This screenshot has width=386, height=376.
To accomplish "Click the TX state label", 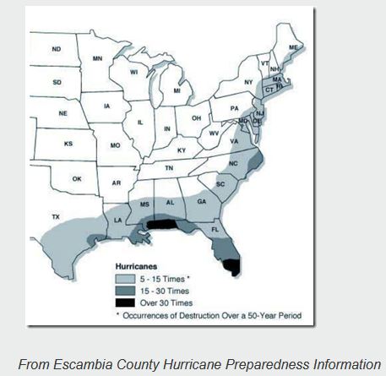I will click(56, 217).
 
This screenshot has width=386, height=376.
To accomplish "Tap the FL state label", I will click(215, 229).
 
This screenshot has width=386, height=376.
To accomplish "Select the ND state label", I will click(56, 50).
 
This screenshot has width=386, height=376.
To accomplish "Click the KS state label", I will click(68, 144).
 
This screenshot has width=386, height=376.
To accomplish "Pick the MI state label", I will click(177, 90).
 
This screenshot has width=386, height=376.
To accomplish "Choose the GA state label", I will click(202, 201).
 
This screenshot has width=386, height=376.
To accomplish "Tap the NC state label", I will click(234, 163).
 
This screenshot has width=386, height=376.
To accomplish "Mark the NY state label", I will click(248, 82).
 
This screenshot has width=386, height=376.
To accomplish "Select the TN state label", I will click(169, 168).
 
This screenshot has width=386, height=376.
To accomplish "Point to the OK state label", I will click(77, 178).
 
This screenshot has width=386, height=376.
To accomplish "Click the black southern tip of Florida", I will click(230, 268).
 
